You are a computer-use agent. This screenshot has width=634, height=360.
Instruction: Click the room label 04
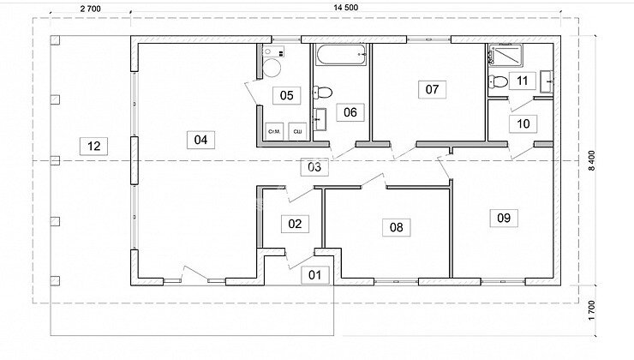coord(201,140)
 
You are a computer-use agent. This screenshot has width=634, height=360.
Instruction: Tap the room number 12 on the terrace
coord(93,146)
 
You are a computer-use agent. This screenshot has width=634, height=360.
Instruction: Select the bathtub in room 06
coord(341,55)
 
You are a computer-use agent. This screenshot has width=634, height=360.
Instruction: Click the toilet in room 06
coord(322,93)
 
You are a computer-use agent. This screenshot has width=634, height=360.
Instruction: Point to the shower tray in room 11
coord(505,56)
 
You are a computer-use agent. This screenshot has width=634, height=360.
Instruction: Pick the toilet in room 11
coord(498,81)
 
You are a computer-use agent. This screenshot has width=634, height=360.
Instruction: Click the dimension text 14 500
coord(346,7)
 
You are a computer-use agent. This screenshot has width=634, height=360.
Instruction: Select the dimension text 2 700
coord(90,9)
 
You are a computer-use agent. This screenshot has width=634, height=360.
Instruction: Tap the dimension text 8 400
coord(591,160)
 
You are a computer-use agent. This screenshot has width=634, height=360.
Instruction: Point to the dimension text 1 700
coord(591,310)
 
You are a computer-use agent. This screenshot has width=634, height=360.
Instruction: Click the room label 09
coord(504,218)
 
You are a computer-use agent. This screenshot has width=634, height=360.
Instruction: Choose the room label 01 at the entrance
coord(315,275)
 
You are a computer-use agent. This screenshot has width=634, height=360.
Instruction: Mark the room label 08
coord(396,227)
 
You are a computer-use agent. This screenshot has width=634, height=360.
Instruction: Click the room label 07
coord(433,89)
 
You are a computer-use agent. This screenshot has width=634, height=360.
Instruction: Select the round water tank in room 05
coord(272,68)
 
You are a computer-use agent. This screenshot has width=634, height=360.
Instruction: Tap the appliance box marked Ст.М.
coord(274,131)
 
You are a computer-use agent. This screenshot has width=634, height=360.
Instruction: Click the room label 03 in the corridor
coord(314,167)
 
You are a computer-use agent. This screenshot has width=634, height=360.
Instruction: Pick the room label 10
coord(523,123)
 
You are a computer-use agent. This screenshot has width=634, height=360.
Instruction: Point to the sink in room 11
coord(547,81)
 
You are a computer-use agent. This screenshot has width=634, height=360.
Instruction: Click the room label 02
coord(296,224)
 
